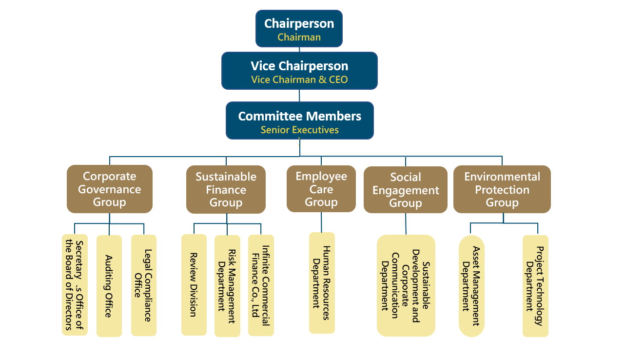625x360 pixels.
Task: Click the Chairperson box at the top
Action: (299, 28)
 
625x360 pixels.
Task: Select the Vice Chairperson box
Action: (299, 70)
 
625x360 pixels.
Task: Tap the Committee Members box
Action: (299, 120)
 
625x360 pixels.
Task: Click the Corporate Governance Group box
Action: (109, 189)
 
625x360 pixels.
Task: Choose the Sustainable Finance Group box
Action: (226, 189)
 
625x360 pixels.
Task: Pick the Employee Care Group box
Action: (321, 189)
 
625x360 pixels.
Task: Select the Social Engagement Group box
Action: (405, 190)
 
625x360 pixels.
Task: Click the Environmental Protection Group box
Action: (502, 189)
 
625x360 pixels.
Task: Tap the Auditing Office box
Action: (109, 286)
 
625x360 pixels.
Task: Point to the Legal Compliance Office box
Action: (143, 285)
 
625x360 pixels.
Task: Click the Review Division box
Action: (194, 285)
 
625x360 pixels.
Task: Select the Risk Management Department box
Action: (227, 286)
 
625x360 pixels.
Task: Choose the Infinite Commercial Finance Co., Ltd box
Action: (261, 285)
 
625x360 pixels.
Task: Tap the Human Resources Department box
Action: (322, 283)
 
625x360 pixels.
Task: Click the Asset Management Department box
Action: (471, 286)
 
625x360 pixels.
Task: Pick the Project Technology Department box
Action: (535, 286)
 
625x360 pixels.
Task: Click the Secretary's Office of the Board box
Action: (74, 285)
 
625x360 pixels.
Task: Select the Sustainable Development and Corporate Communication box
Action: (406, 285)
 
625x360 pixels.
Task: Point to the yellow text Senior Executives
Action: (299, 130)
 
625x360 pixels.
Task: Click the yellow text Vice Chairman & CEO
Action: (299, 80)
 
